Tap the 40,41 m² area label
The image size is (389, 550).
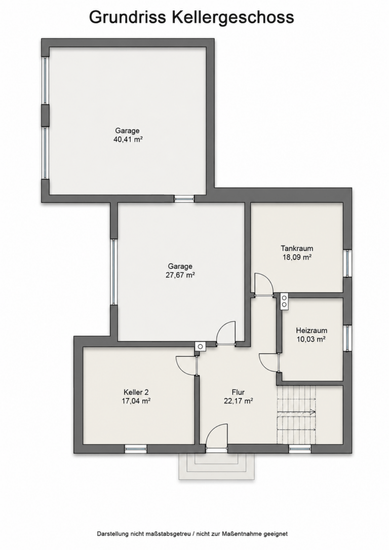coord(128,139)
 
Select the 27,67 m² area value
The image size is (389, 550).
coord(180,275)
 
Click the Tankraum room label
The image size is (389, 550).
coord(297,248)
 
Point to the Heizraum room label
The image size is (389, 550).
coord(312,330)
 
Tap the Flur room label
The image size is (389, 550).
coord(238,392)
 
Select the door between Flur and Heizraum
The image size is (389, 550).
coord(269,362)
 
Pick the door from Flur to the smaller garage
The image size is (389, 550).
coord(226,333)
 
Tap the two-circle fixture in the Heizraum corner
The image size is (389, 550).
coord(284,301)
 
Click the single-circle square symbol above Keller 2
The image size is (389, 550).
coord(200,346)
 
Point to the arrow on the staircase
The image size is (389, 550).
coord(296,412)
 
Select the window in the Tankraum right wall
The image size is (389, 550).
coord(347,263)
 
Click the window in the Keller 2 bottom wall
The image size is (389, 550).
coord(136,448)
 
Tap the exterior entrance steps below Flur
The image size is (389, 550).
coord(217,466)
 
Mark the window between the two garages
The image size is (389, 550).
coord(184,199)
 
